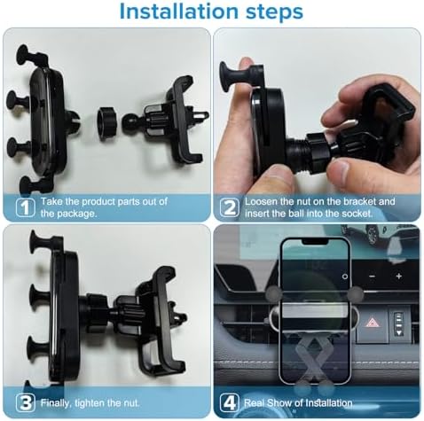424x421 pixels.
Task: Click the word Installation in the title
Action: [x=178, y=12]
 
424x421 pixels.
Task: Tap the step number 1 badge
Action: [x=25, y=207]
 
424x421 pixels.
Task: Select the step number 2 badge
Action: [x=230, y=207]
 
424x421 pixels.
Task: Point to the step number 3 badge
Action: [x=25, y=402]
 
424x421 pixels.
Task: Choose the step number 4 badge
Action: [x=230, y=402]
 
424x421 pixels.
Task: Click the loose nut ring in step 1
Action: [x=107, y=123]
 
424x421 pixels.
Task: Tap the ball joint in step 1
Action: [x=130, y=123]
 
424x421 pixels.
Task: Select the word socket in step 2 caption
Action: [x=357, y=214]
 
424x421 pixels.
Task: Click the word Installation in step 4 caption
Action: [x=328, y=403]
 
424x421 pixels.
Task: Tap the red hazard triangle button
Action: [x=372, y=323]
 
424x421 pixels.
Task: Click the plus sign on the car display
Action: [x=399, y=276]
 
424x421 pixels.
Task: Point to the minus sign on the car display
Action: [x=373, y=277]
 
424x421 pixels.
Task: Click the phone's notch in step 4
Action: [x=315, y=242]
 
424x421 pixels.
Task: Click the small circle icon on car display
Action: [x=345, y=277]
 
